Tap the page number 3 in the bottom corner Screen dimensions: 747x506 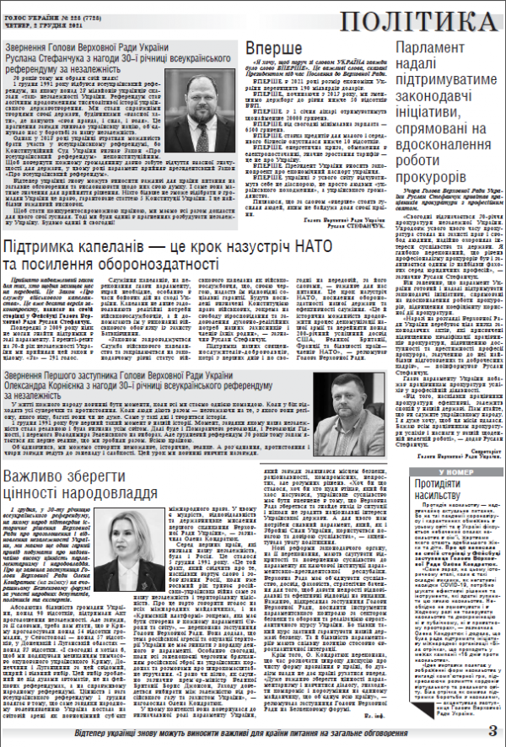tap(492, 730)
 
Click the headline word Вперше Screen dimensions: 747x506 tap(273, 47)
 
